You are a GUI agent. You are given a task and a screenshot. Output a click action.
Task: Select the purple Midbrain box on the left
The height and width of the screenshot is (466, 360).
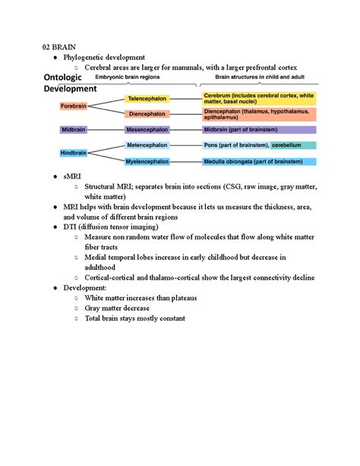[73, 130]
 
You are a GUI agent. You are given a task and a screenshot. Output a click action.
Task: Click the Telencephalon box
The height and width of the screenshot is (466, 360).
[148, 99]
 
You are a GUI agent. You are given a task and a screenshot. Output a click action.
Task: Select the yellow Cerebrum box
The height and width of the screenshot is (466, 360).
[259, 99]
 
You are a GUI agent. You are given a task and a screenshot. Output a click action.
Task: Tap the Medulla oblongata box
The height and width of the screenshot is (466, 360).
[259, 161]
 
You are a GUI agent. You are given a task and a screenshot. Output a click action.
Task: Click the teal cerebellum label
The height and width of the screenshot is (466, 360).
[292, 144]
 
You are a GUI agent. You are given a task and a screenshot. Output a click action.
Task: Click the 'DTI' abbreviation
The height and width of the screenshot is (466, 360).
[71, 227]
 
